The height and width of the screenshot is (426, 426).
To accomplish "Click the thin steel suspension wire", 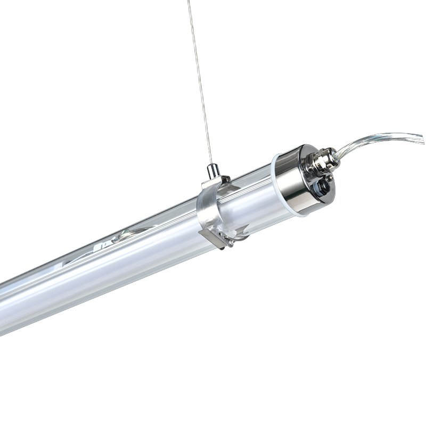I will tap(201, 80).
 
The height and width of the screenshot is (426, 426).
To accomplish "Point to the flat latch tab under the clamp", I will tap(210, 237).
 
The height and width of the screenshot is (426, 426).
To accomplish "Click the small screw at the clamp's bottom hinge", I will tap(230, 243).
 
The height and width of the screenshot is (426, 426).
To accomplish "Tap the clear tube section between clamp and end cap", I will tap(250, 197).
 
